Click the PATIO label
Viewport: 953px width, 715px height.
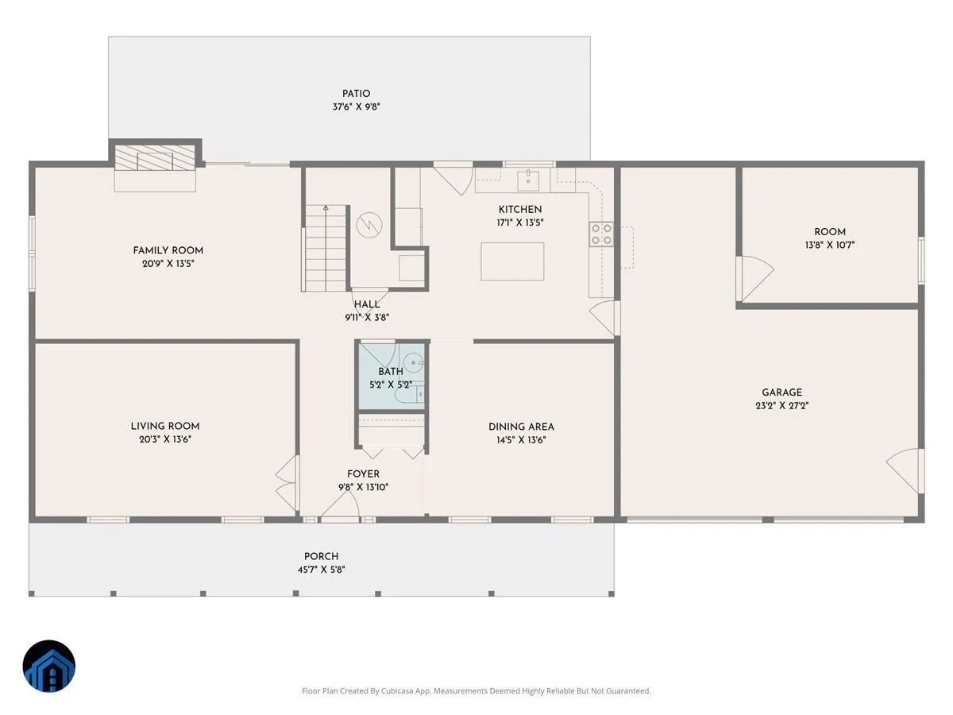click(356, 94)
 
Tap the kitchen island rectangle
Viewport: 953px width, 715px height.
click(512, 261)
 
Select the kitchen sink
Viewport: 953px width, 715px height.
click(528, 180)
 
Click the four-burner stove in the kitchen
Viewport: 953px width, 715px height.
click(601, 234)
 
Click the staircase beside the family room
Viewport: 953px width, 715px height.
click(326, 248)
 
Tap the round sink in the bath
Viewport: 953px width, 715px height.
click(413, 361)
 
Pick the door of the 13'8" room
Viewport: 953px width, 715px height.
click(755, 279)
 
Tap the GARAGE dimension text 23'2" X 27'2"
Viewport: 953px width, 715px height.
click(782, 406)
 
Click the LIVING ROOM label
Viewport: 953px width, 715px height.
click(165, 427)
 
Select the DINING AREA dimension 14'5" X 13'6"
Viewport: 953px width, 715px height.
click(521, 440)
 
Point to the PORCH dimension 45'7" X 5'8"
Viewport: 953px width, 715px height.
click(322, 570)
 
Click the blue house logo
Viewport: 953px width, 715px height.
click(49, 667)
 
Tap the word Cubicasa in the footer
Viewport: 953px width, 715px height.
click(397, 690)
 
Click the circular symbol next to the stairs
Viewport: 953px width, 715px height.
click(369, 225)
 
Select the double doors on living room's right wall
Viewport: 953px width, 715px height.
click(287, 483)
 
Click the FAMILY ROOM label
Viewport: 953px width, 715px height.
click(168, 250)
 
